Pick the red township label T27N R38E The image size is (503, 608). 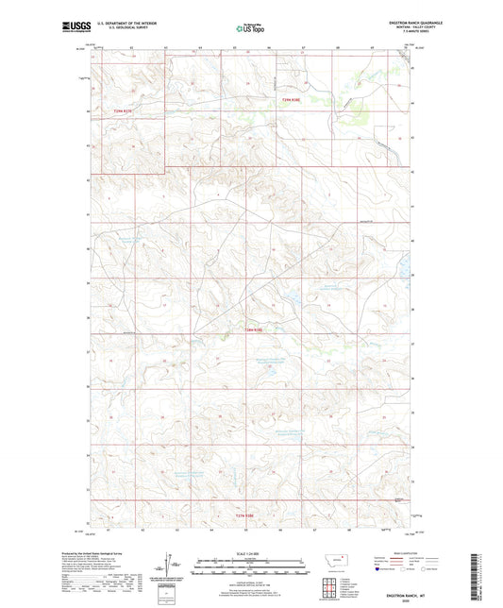point(244,514)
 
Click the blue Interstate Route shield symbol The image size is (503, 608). point(378,569)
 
